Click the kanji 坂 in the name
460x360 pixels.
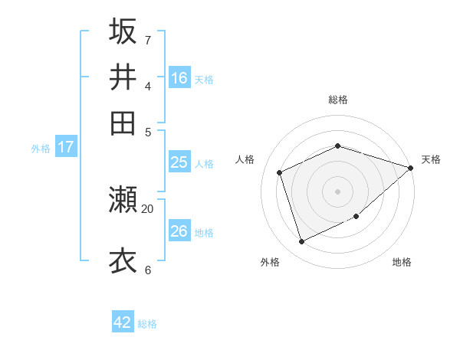pyautogui.click(x=123, y=31)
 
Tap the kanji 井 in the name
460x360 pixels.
pyautogui.click(x=123, y=77)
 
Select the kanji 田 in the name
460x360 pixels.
pyautogui.click(x=123, y=123)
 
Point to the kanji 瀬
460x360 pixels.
pyautogui.click(x=123, y=200)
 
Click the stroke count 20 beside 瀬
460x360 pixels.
pyautogui.click(x=148, y=208)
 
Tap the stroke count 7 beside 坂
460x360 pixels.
pyautogui.click(x=147, y=39)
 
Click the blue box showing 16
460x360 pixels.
pyautogui.click(x=179, y=78)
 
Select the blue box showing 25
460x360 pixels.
pyautogui.click(x=179, y=162)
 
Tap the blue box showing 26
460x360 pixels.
pyautogui.click(x=179, y=231)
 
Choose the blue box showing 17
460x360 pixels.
pyautogui.click(x=65, y=147)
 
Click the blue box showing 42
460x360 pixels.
pyautogui.click(x=123, y=322)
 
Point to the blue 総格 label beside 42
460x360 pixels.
pyautogui.click(x=147, y=324)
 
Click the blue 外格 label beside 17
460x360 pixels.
pyautogui.click(x=41, y=149)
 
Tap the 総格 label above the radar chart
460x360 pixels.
pyautogui.click(x=338, y=100)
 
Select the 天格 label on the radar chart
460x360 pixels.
pyautogui.click(x=431, y=159)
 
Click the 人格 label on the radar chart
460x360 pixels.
pyautogui.click(x=245, y=159)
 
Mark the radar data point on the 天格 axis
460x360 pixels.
pyautogui.click(x=410, y=168)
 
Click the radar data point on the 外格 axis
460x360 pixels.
pyautogui.click(x=302, y=242)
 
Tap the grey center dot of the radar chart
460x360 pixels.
pyautogui.click(x=338, y=191)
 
